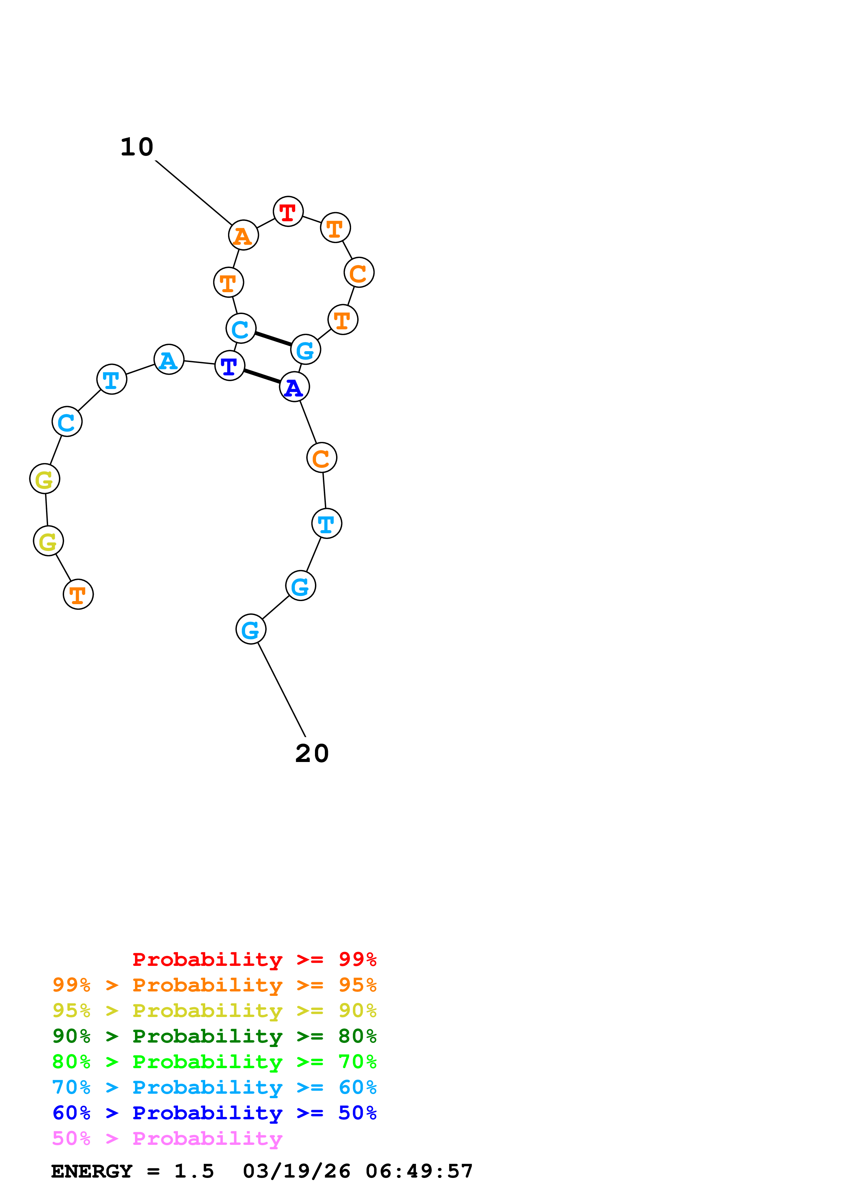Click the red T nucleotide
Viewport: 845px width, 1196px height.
288,211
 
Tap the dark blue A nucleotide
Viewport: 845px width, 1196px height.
294,387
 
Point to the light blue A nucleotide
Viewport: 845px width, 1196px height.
169,359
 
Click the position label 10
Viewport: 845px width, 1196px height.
137,147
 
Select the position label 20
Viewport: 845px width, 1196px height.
312,753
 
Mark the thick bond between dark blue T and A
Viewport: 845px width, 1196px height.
262,376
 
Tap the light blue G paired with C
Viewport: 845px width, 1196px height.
305,349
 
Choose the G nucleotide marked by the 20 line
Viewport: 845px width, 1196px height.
251,629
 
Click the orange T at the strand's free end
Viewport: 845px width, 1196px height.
78,594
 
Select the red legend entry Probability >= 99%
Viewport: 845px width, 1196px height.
254,959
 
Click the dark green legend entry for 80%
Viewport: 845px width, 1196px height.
214,1036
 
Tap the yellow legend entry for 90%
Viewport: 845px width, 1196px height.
214,1011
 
